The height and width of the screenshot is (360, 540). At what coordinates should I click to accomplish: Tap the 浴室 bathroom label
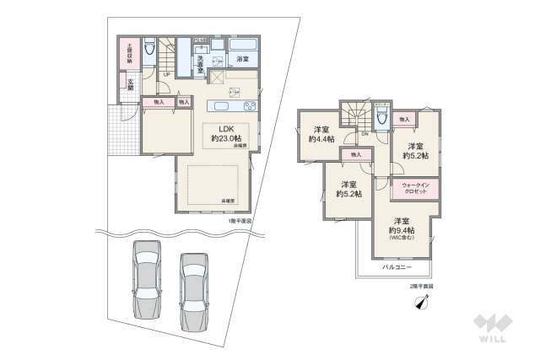[242, 60]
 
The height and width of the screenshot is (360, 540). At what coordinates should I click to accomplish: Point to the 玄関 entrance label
[132, 82]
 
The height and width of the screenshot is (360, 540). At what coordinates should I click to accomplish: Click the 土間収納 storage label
[129, 54]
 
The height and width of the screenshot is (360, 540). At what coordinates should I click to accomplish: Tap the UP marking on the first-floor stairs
[165, 74]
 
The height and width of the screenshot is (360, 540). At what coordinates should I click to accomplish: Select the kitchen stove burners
[250, 106]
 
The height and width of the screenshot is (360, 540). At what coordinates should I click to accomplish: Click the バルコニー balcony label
[397, 266]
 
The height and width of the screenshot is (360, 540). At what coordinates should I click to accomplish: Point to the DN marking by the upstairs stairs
[364, 134]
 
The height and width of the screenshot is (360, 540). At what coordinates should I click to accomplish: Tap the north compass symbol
[420, 305]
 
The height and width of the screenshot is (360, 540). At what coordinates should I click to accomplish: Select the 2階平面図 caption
[420, 287]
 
